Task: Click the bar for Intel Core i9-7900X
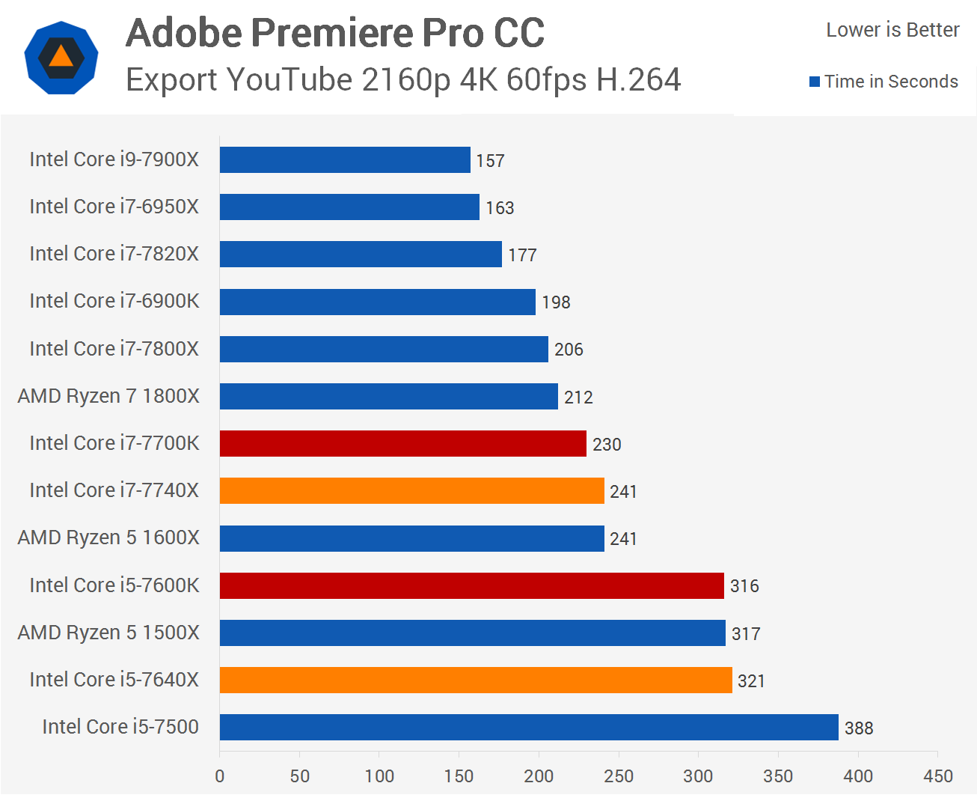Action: tap(345, 160)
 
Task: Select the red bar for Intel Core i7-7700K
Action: tap(402, 444)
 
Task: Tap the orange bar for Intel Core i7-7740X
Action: tap(411, 491)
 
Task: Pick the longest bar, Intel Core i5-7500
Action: tap(529, 728)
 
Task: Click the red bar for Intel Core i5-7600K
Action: tap(471, 585)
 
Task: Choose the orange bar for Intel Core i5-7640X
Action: tap(476, 680)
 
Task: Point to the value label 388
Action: tap(859, 728)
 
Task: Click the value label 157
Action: tap(490, 161)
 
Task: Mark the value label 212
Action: tap(578, 397)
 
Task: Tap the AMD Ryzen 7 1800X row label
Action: tap(108, 396)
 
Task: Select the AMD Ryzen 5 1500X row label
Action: tap(108, 633)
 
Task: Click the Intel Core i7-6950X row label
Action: tap(114, 207)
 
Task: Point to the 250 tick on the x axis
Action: tap(619, 776)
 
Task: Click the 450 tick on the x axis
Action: tap(938, 776)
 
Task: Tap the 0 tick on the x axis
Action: tap(220, 776)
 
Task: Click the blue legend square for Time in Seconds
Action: tap(815, 82)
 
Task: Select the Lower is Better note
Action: tap(892, 30)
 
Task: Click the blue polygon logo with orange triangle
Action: tap(61, 58)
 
